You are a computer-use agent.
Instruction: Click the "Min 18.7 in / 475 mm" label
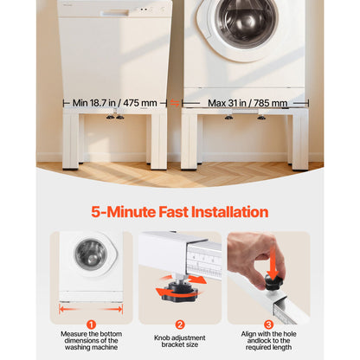pos(114,103)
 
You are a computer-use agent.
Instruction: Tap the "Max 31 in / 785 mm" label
pos(247,103)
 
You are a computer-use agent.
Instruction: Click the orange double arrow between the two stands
pos(175,103)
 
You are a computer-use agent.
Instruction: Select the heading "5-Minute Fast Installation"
pos(180,212)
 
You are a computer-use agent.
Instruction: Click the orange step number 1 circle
pos(91,325)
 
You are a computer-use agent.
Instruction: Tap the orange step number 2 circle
pos(180,325)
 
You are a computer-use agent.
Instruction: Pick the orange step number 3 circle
pos(268,325)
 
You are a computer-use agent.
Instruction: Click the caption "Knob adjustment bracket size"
pos(180,341)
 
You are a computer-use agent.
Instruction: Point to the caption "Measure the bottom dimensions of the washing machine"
pos(91,341)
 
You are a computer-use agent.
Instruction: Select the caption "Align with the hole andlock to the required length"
pos(268,341)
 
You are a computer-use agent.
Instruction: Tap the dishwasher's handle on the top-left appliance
pos(116,13)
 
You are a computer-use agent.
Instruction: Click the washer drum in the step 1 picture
pos(91,254)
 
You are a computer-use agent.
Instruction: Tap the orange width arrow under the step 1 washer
pos(91,310)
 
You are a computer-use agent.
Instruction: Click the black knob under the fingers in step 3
pos(273,283)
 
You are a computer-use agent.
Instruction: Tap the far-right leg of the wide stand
pos(300,140)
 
